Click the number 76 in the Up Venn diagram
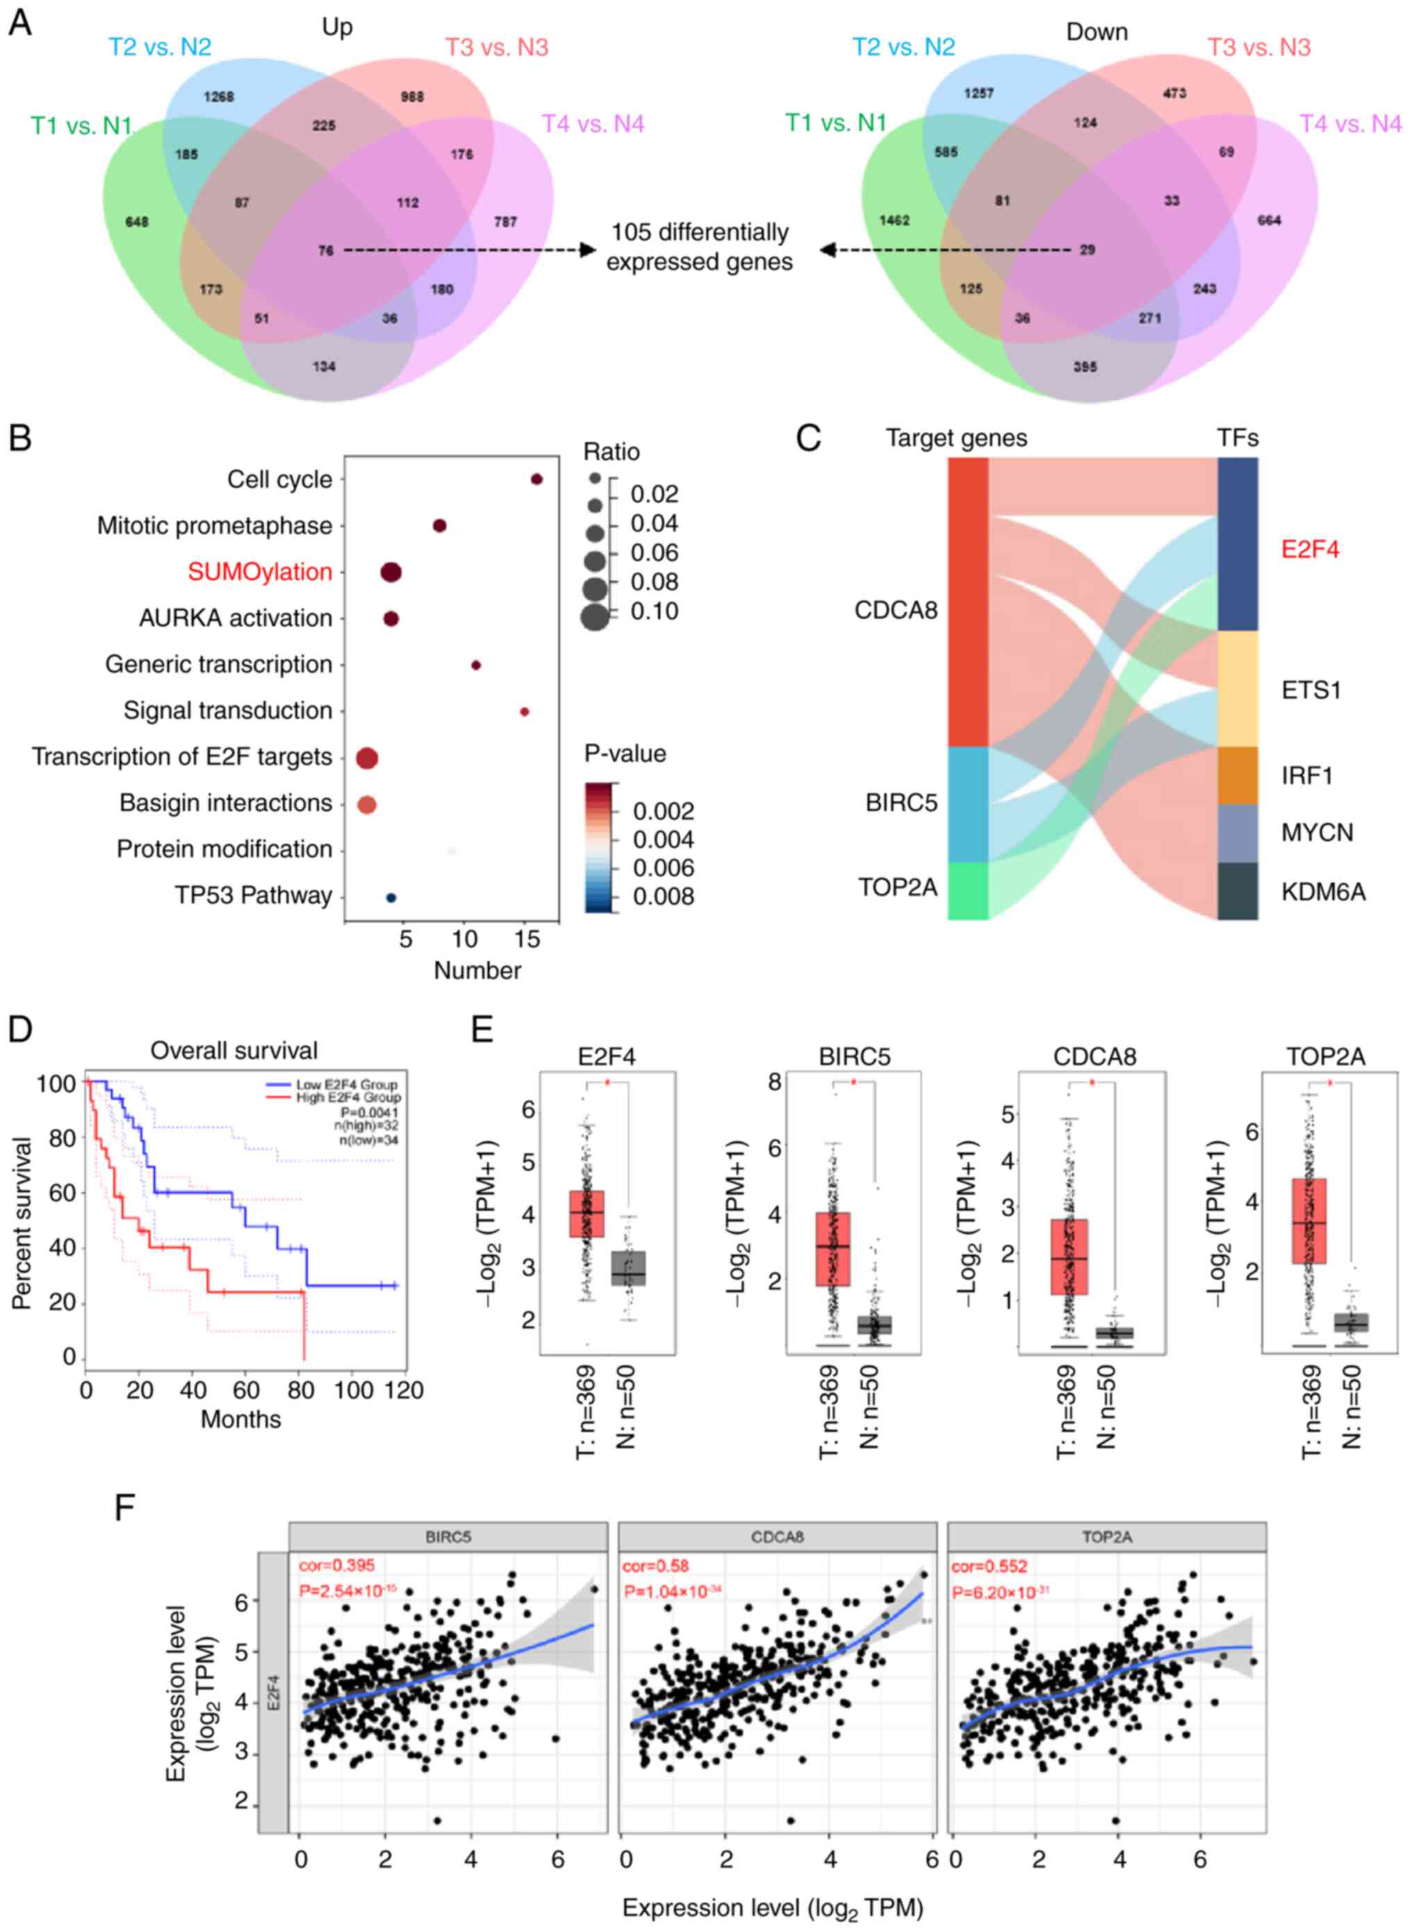(x=326, y=250)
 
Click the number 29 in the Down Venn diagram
(x=1087, y=250)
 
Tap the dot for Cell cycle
(x=536, y=479)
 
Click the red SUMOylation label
(x=260, y=572)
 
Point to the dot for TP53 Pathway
(x=391, y=898)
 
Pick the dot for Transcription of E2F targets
(x=367, y=758)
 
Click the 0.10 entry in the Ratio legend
(x=654, y=612)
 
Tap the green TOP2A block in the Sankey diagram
(x=968, y=891)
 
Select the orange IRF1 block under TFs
(x=1237, y=776)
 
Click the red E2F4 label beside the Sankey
(x=1310, y=549)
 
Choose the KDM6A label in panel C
(x=1322, y=892)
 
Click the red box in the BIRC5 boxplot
(x=833, y=1248)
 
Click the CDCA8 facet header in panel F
(x=777, y=1537)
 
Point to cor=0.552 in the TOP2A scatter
(x=988, y=1566)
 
